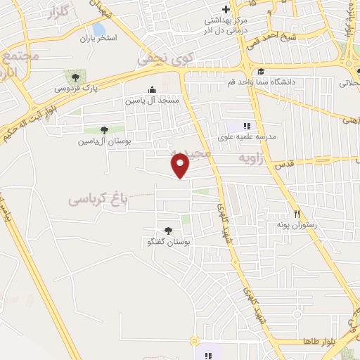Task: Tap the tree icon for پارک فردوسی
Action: [75, 76]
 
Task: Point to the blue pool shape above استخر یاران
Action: [99, 29]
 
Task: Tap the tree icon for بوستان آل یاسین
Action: [104, 129]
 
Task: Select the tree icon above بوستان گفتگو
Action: [167, 230]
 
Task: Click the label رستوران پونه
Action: [297, 226]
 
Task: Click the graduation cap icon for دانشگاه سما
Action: [261, 72]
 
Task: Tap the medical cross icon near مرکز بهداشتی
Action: [225, 9]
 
